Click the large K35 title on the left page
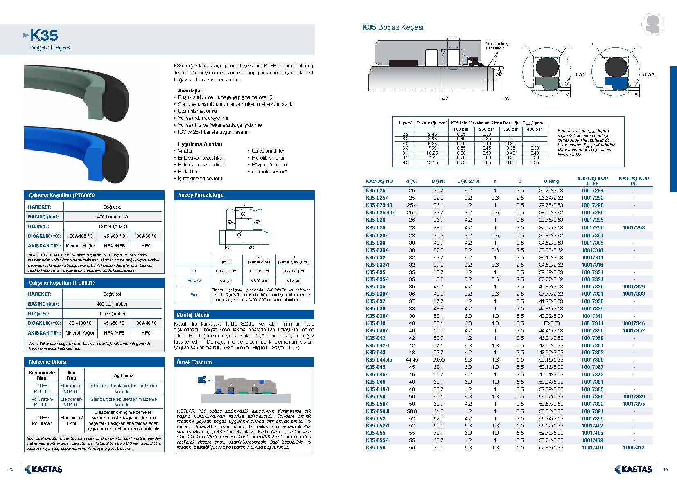[44, 36]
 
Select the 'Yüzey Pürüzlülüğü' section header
[201, 195]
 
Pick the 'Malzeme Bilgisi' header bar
[48, 362]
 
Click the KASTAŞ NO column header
[379, 181]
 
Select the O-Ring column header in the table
[551, 181]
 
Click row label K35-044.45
[379, 360]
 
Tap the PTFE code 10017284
[592, 191]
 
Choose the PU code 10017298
[634, 227]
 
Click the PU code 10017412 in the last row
[634, 448]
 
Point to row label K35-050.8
[377, 411]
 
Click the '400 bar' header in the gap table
[534, 129]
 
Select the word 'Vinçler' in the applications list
[185, 151]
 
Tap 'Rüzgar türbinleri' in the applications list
[269, 165]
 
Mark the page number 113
[666, 469]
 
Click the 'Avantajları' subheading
[191, 90]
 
